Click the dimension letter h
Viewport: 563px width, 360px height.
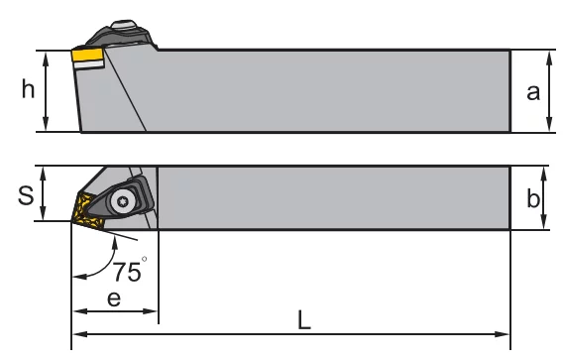pos(28,88)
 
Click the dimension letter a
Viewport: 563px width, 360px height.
pos(533,92)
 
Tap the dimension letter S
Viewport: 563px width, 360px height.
pos(26,195)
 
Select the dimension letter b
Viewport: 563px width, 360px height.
pos(533,198)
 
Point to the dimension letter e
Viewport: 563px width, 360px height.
pos(114,299)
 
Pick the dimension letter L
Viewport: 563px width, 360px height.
pos(304,320)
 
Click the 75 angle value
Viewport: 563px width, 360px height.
pos(127,272)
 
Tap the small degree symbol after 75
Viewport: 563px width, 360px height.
pos(145,259)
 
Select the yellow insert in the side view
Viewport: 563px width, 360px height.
pos(87,55)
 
